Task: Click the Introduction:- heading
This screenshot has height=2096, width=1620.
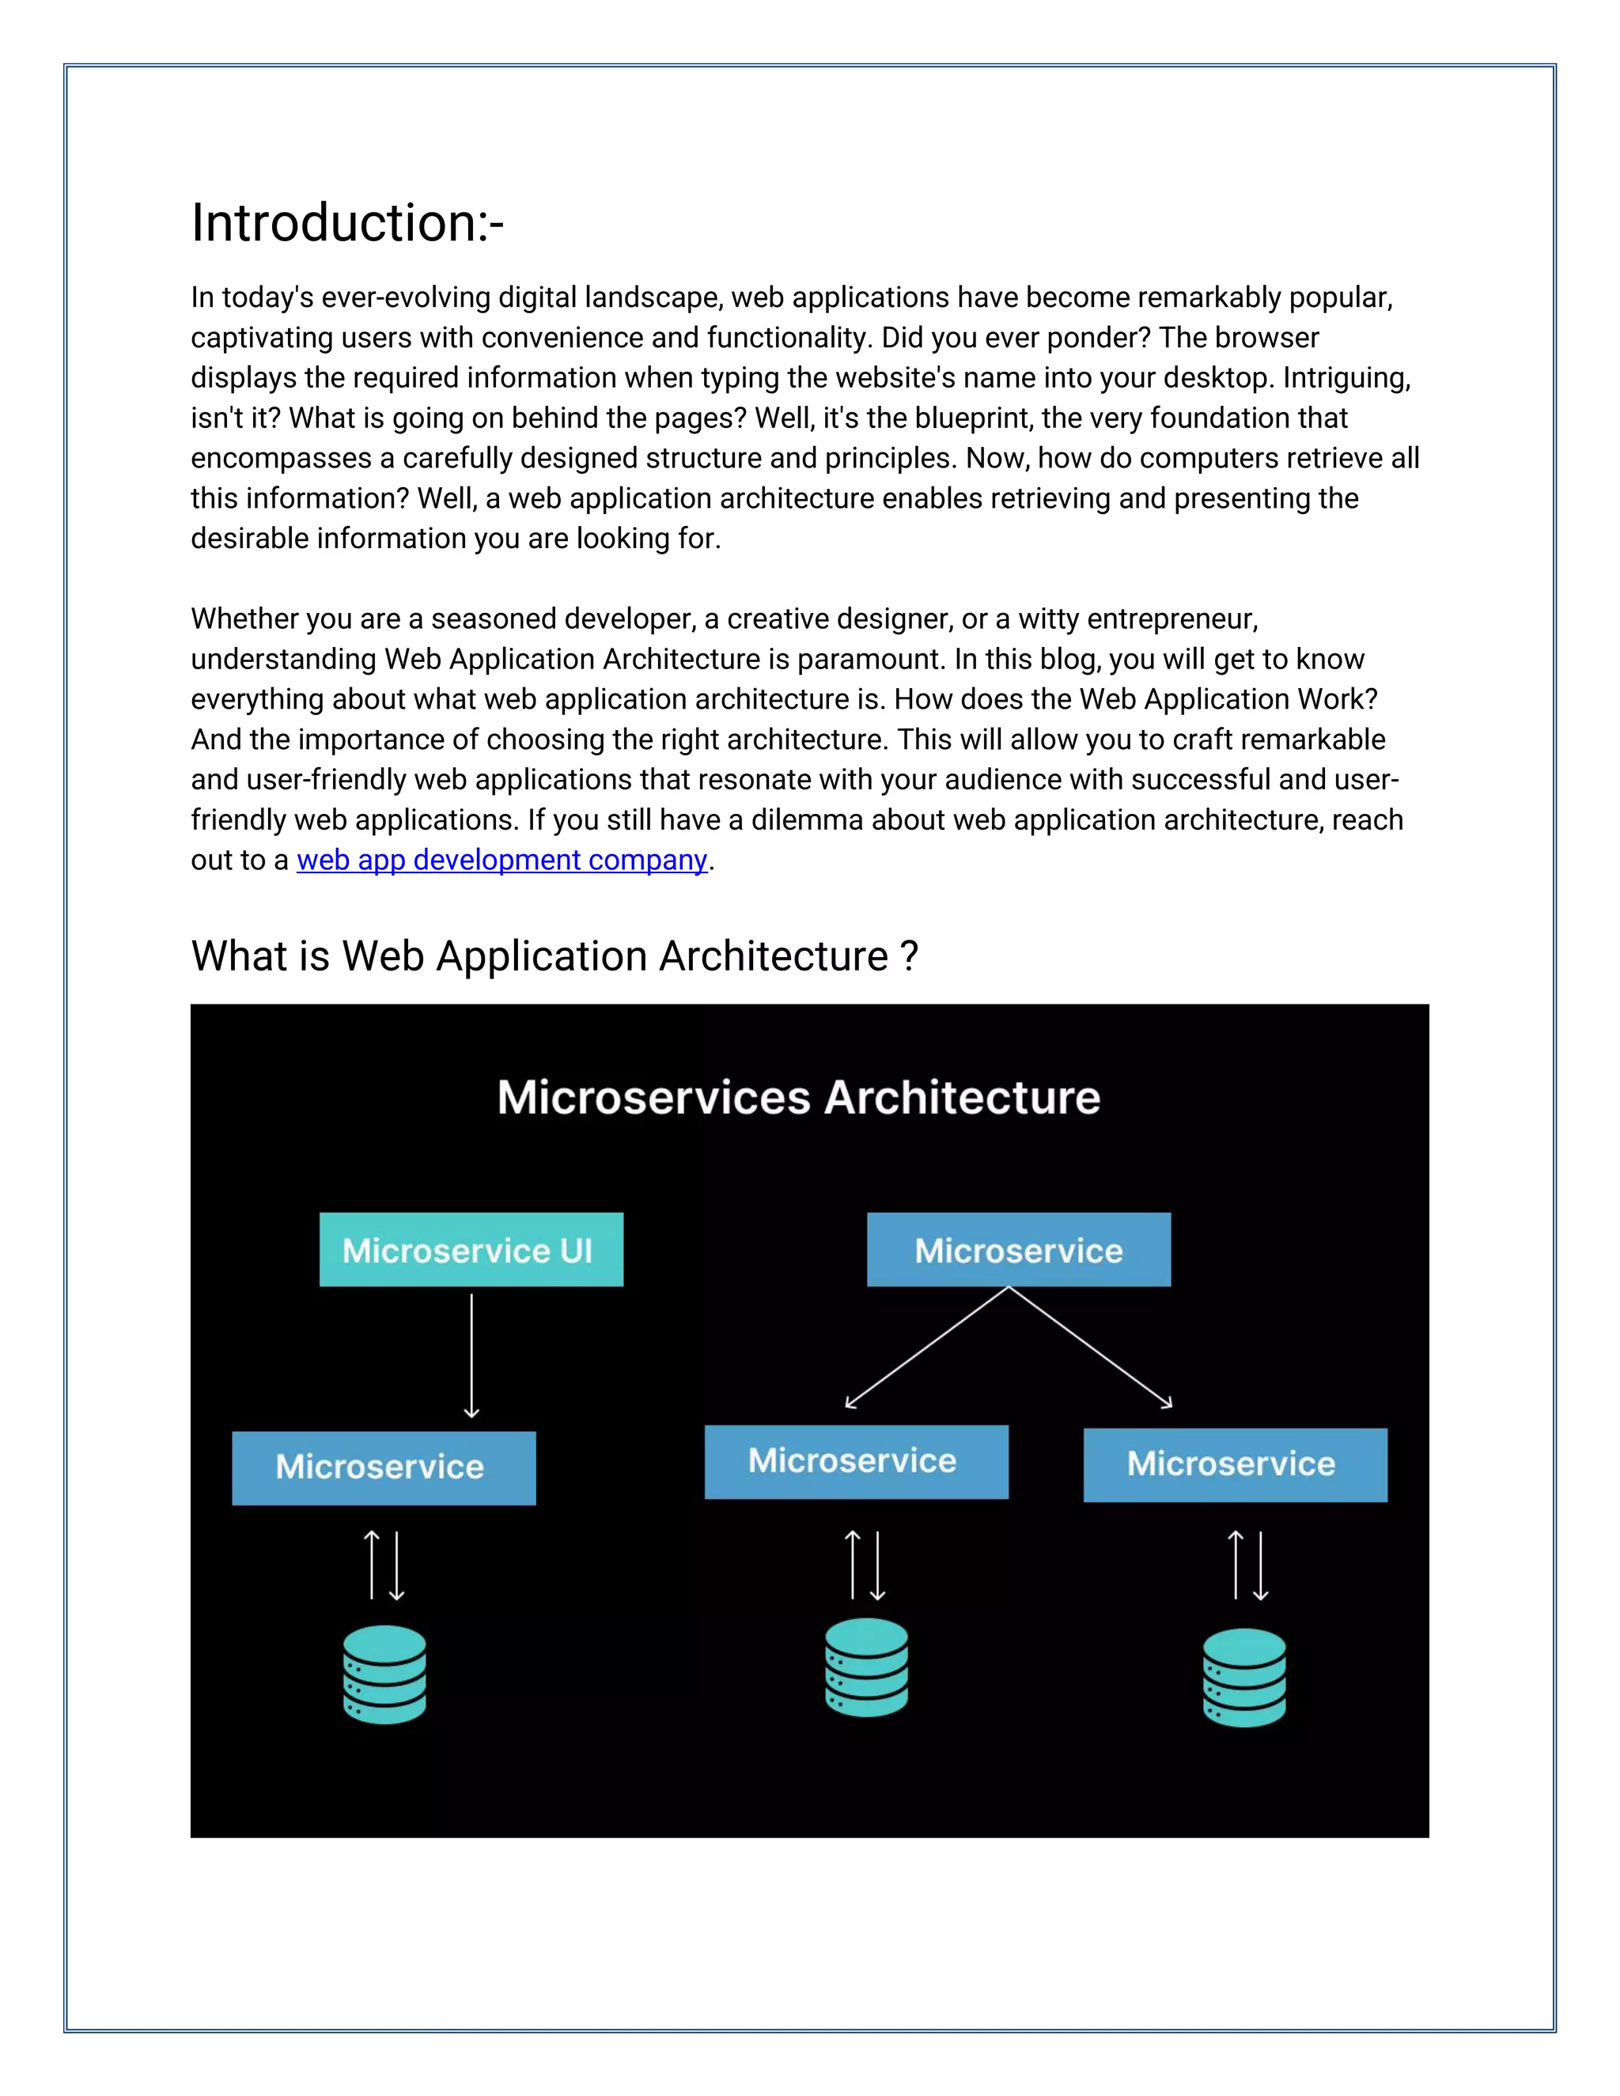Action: click(x=346, y=224)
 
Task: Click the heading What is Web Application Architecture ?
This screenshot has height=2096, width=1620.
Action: click(x=555, y=956)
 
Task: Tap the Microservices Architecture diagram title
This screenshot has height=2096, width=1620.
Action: click(x=798, y=1097)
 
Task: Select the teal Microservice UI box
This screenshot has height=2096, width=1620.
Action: click(x=471, y=1250)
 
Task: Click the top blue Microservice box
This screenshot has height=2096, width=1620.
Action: click(x=1018, y=1250)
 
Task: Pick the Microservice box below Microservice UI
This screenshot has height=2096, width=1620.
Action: click(x=383, y=1467)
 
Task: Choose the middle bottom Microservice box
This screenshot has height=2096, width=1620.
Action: click(x=856, y=1461)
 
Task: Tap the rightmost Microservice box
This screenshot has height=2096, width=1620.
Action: click(x=1234, y=1465)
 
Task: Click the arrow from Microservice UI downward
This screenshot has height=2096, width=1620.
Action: click(x=471, y=1355)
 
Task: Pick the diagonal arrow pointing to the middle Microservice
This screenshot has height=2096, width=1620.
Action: click(x=926, y=1348)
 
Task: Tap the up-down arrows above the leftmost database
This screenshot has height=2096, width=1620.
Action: click(x=384, y=1565)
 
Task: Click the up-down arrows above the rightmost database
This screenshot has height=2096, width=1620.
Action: click(x=1247, y=1565)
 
